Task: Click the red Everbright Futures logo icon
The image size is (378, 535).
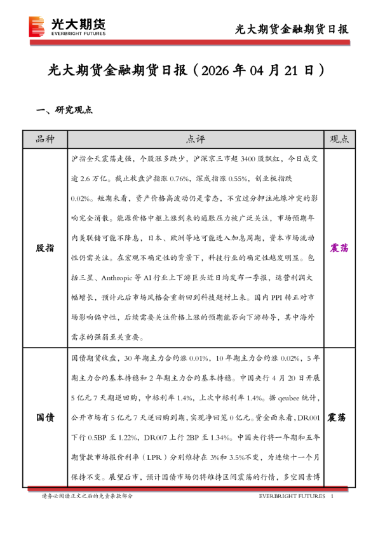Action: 37,27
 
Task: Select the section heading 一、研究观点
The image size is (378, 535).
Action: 65,109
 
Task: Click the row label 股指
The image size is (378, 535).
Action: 45,248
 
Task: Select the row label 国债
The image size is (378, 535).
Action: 45,417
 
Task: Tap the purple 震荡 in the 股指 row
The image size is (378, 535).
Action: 337,248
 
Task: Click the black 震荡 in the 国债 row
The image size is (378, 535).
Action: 337,417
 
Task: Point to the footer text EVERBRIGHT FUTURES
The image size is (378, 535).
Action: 292,496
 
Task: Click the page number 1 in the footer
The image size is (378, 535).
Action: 332,496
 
